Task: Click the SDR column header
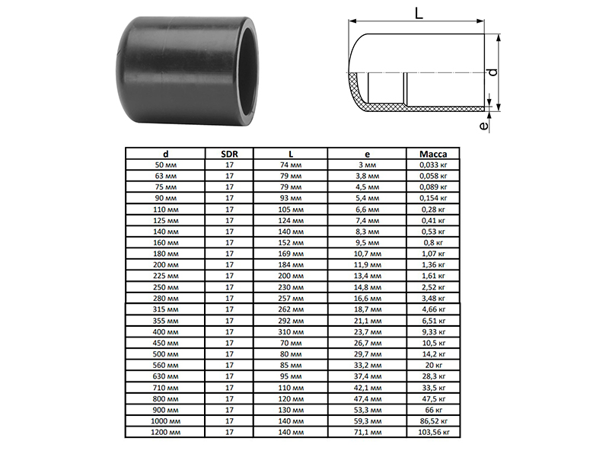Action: [229, 154]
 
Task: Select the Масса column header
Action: [433, 154]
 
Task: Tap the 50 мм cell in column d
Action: [165, 165]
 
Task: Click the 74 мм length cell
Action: [291, 165]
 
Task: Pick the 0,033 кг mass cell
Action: [433, 165]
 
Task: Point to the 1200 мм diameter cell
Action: [165, 432]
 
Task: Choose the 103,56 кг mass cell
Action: [433, 432]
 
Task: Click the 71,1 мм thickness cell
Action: [368, 432]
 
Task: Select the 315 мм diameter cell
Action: [165, 309]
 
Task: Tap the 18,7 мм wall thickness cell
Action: [368, 309]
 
